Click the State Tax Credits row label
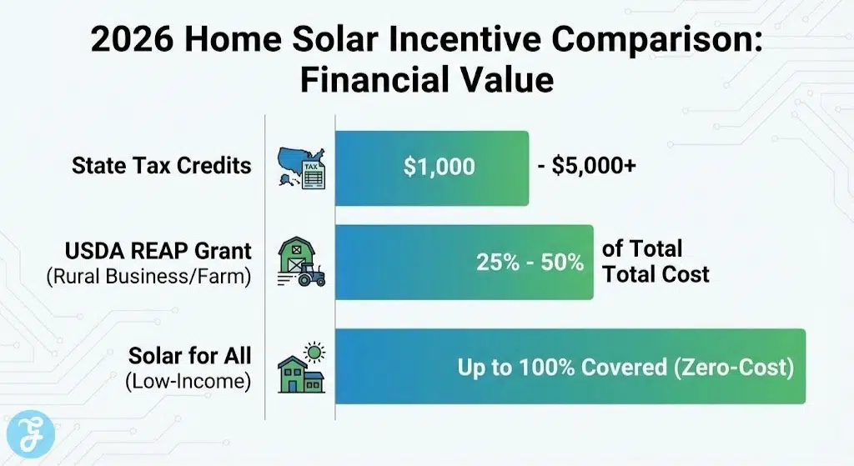tap(161, 165)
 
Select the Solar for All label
tap(189, 356)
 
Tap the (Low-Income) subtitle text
tap(188, 383)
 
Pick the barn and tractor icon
tap(300, 261)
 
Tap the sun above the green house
tap(314, 351)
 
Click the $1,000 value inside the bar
tap(439, 167)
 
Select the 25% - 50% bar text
tap(530, 262)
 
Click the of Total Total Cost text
tap(655, 261)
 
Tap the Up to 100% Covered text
tap(561, 367)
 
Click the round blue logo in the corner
tap(33, 434)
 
